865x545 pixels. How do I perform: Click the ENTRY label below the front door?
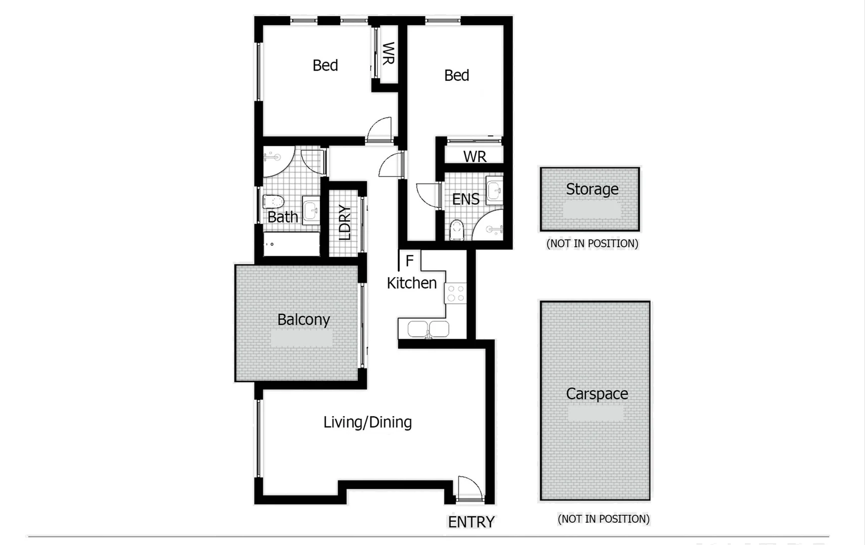(x=471, y=522)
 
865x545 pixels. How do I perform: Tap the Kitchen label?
(x=411, y=283)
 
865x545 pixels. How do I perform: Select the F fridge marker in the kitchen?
(x=409, y=261)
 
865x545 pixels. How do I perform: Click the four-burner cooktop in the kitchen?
(x=455, y=293)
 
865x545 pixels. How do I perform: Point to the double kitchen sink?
(x=428, y=329)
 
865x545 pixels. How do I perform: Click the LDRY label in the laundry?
(x=345, y=222)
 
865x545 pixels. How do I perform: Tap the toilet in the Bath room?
(x=273, y=202)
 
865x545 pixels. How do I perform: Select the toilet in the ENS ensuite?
(x=456, y=230)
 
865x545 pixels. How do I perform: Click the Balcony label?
(x=303, y=319)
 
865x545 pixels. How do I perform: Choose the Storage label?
(x=591, y=189)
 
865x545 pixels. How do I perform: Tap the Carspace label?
(x=597, y=394)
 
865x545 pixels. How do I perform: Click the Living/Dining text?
(x=367, y=422)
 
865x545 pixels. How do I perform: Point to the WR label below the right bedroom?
(x=474, y=156)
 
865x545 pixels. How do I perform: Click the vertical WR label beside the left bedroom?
(x=388, y=53)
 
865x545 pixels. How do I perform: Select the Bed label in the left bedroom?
(x=325, y=66)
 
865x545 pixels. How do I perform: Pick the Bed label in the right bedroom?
(x=456, y=76)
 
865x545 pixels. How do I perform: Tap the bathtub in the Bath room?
(x=291, y=244)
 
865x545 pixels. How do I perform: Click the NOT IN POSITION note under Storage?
(x=592, y=243)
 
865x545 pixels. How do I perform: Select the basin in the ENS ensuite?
(x=495, y=191)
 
